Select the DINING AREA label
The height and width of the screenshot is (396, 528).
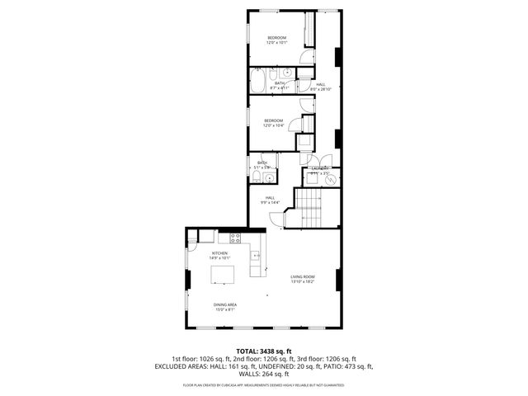click(225, 308)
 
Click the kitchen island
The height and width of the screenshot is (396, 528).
click(223, 275)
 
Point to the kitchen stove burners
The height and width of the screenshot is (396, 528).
click(235, 238)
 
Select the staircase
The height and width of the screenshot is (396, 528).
click(312, 208)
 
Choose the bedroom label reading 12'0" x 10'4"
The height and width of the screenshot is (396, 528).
click(273, 124)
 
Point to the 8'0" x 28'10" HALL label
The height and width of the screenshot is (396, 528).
click(320, 87)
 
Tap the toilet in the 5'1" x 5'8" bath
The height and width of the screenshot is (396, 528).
click(262, 175)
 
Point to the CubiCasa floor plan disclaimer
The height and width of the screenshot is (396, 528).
click(264, 384)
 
